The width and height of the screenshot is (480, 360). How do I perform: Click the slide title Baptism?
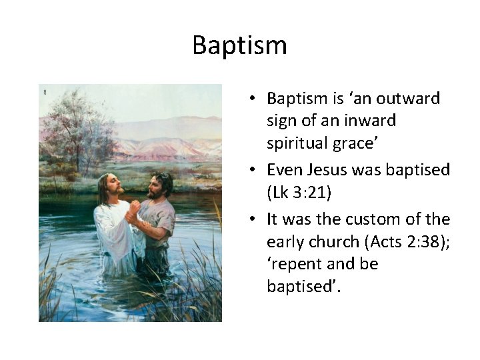pyautogui.click(x=239, y=45)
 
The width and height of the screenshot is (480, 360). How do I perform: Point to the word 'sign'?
pyautogui.click(x=281, y=121)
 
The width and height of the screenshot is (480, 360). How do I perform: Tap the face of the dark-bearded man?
pyautogui.click(x=155, y=186)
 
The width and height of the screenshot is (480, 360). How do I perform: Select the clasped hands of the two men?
pyautogui.click(x=133, y=215)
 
